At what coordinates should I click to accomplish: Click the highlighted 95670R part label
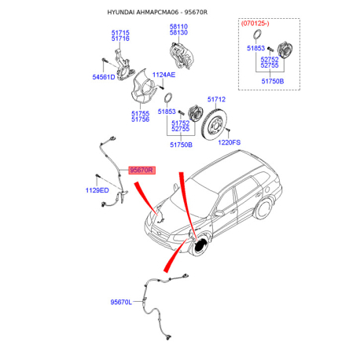click(x=141, y=171)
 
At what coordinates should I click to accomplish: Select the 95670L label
click(x=121, y=302)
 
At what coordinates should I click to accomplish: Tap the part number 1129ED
click(x=97, y=190)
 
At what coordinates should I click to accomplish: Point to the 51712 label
click(x=216, y=99)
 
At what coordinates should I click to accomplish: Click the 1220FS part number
click(x=230, y=142)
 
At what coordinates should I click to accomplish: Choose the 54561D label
click(x=104, y=77)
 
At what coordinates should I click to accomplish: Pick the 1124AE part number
click(x=163, y=75)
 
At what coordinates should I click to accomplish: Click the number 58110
click(x=178, y=27)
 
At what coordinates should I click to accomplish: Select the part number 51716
click(x=120, y=39)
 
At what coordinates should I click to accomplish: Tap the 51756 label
click(x=140, y=119)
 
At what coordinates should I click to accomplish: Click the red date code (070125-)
click(x=255, y=24)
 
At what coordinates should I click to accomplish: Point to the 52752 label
click(x=270, y=60)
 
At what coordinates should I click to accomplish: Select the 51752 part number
click(x=181, y=123)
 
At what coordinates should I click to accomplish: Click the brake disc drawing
click(x=214, y=125)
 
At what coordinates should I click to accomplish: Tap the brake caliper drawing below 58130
click(x=182, y=55)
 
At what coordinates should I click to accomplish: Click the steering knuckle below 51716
click(x=123, y=65)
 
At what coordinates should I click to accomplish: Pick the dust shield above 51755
click(x=144, y=86)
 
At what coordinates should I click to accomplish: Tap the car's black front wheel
click(x=201, y=247)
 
